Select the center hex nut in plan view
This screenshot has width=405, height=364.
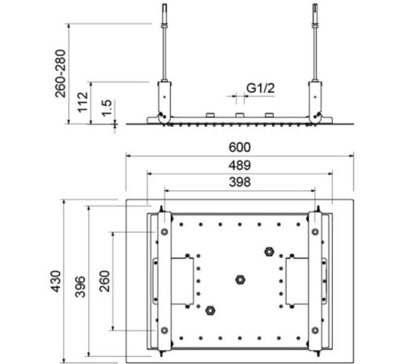(x=238, y=280)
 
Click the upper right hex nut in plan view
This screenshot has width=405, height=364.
(x=269, y=252)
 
